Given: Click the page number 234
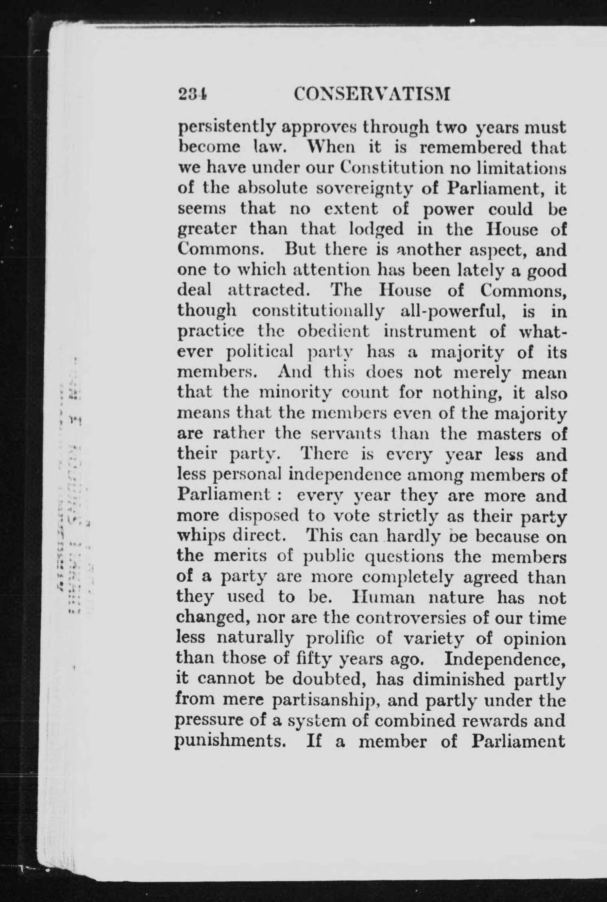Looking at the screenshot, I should coord(192,94).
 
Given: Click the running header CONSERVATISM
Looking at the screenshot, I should coord(372,94).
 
